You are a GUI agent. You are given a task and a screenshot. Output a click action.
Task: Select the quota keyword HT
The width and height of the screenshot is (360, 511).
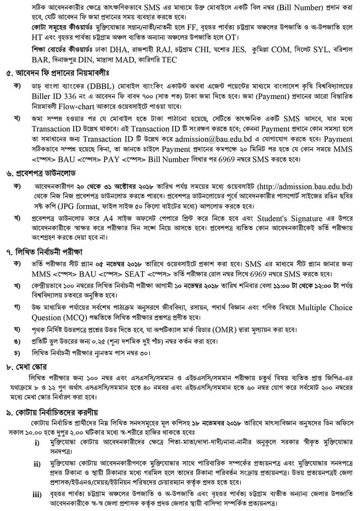37,38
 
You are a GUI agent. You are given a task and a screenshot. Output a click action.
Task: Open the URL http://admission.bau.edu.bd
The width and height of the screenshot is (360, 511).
306,187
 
